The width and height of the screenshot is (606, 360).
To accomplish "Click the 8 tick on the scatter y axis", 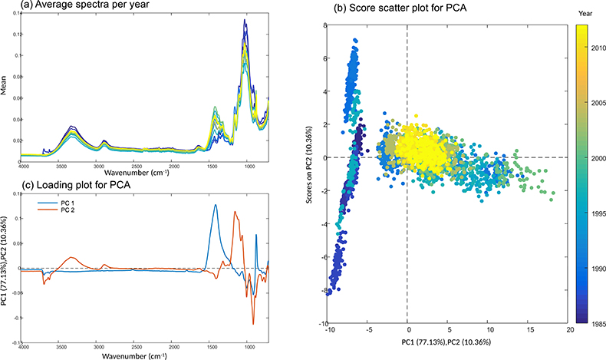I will point(325,25).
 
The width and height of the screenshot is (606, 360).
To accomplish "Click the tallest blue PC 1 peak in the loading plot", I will point(216,205).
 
